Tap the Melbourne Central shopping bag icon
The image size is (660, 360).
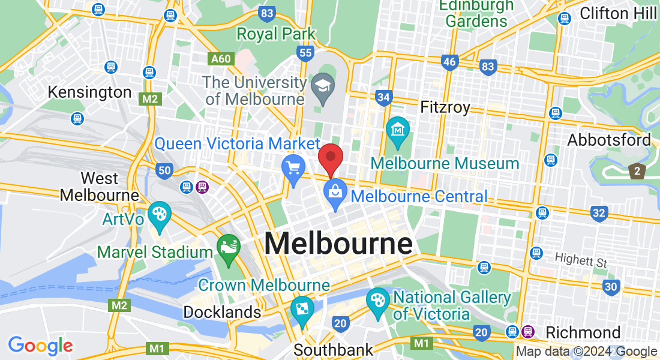point(334,193)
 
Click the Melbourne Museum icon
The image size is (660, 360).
point(397,129)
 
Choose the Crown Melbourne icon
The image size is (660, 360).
point(302,309)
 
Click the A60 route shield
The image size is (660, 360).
point(220,59)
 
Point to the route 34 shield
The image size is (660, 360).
point(384,97)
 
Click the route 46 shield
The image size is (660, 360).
point(449,62)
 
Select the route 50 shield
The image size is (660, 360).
point(164,171)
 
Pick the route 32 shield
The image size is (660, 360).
point(598,213)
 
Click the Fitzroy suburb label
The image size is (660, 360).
point(445,107)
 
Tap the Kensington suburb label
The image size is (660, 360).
point(89,92)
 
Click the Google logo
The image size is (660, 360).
point(40,346)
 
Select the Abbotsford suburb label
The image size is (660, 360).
point(609,140)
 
